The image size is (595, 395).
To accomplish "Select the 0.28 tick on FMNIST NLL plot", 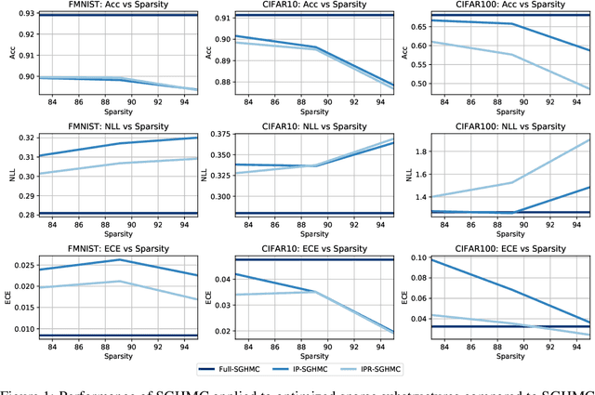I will [20, 215].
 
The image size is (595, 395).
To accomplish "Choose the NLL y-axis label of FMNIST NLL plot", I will [7, 172].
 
